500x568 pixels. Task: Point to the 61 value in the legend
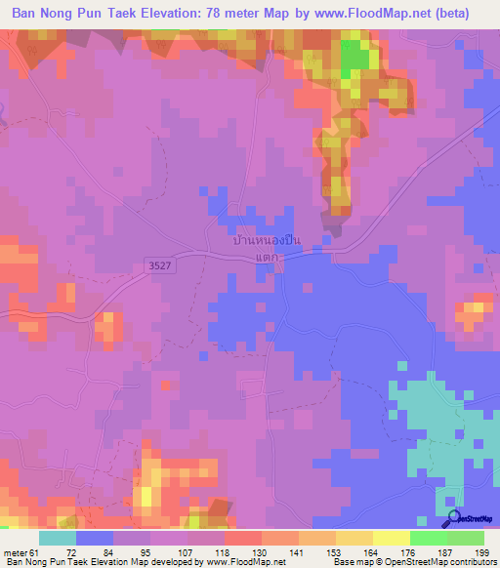click(x=35, y=553)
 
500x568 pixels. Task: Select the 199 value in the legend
click(x=482, y=553)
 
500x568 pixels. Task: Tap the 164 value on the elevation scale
click(x=371, y=553)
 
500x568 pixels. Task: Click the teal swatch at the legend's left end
click(x=58, y=538)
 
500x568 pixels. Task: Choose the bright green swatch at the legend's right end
click(x=465, y=538)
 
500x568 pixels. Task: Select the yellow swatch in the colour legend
click(x=391, y=538)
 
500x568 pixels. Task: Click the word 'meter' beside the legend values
click(x=15, y=553)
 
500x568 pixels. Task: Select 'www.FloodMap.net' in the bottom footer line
click(x=245, y=562)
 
